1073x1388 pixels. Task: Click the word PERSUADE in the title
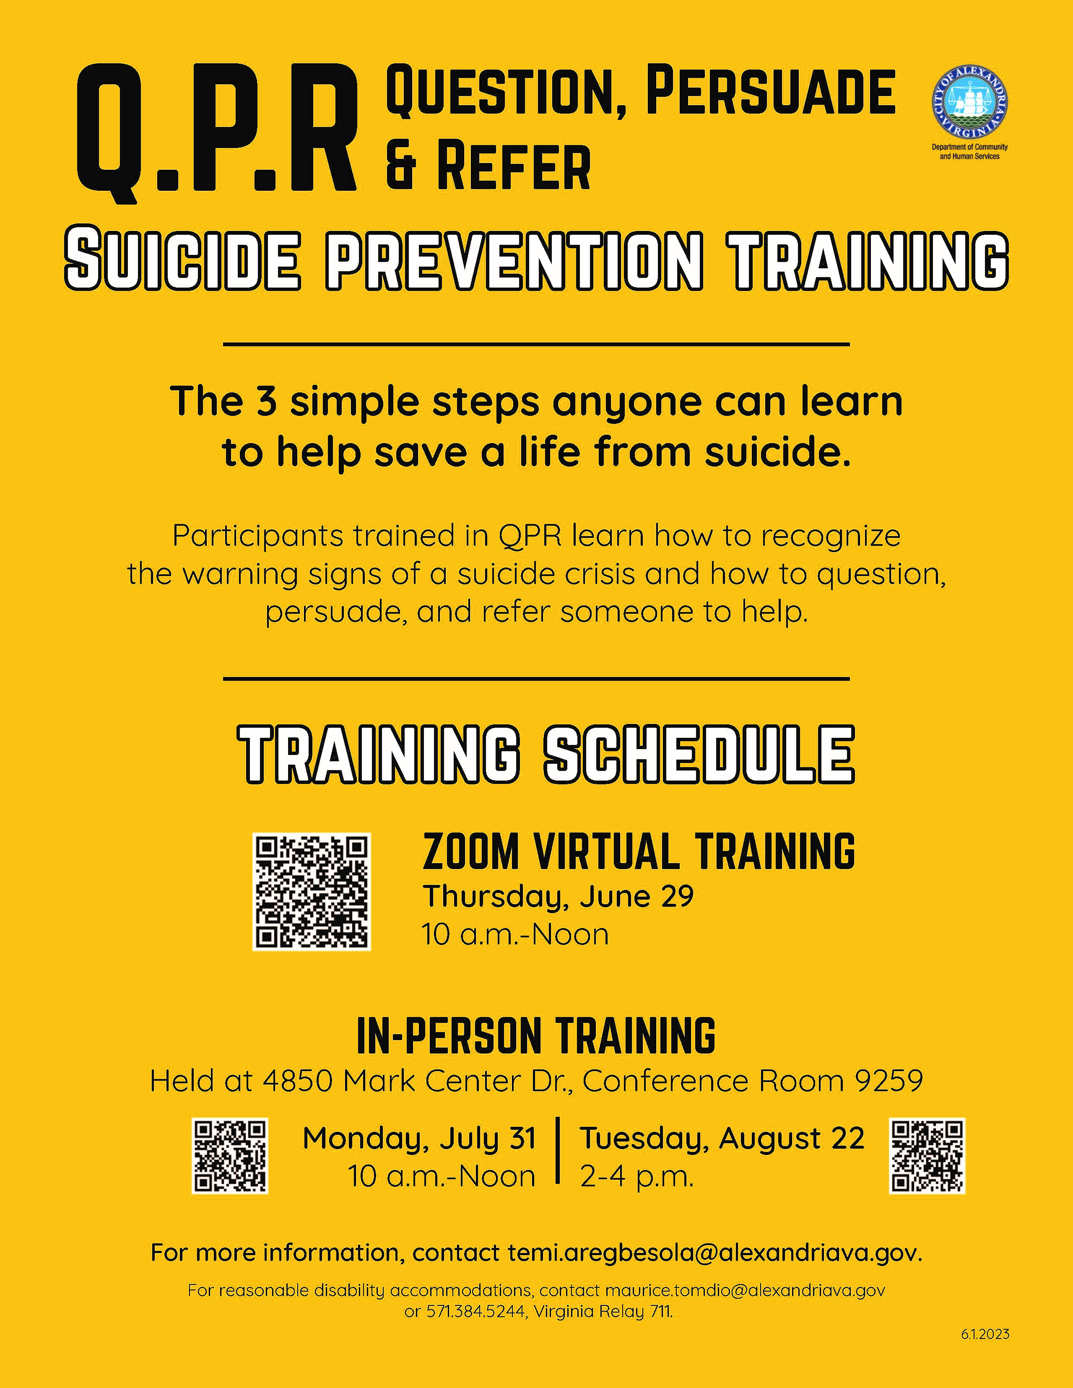[770, 92]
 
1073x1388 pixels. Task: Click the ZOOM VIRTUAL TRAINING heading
[639, 851]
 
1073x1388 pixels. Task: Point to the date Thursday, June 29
[558, 897]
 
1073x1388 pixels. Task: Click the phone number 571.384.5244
[475, 1311]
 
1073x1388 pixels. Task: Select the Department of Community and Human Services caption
[969, 151]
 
